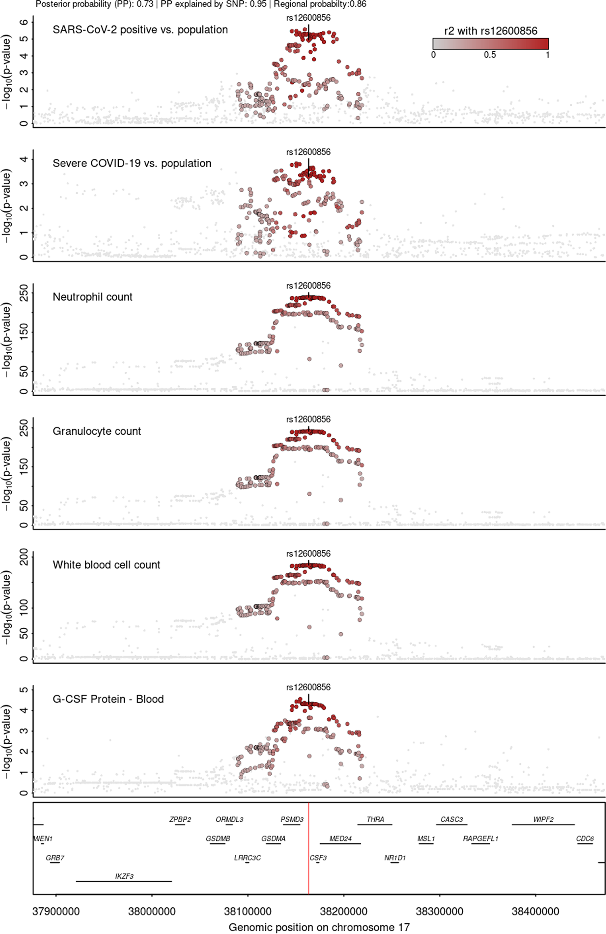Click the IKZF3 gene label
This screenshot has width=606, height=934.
coord(124,876)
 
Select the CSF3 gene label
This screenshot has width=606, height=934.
coord(318,857)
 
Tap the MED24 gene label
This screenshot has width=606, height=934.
coord(340,838)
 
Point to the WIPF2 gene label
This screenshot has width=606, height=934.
coord(543,819)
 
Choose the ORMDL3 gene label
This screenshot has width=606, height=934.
coord(229,819)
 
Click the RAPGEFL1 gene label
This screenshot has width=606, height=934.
coord(480,838)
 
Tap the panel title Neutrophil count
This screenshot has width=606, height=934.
coord(92,297)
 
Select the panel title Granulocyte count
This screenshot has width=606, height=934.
coord(97,431)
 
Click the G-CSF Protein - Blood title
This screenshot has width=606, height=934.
coord(108,699)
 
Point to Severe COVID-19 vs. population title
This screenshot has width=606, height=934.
coord(132,163)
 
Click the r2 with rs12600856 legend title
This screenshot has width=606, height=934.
coord(491,31)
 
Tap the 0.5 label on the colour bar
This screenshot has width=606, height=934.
coord(490,55)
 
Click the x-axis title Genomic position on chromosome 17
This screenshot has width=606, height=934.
coord(319,927)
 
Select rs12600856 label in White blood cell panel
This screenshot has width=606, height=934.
coord(308,553)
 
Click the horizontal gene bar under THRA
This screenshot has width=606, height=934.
coord(375,825)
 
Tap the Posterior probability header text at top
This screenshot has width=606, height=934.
coord(201,4)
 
